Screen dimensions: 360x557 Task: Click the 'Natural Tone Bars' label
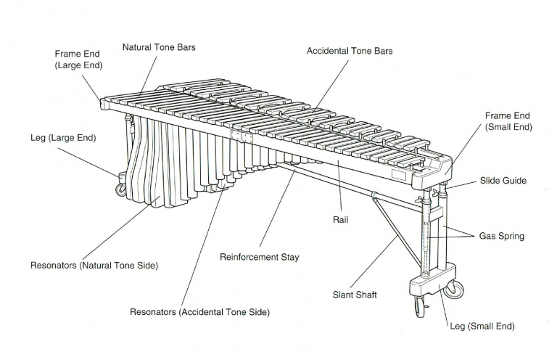(159, 47)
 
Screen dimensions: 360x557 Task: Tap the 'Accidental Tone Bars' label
(350, 51)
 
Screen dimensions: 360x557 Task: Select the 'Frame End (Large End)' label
(78, 60)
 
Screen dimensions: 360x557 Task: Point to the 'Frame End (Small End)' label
(508, 121)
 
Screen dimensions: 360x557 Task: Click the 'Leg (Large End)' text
(63, 137)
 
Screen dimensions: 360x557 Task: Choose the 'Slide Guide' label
(503, 180)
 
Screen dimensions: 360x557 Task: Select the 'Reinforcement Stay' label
(259, 257)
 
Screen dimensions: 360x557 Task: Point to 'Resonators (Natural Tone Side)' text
(94, 266)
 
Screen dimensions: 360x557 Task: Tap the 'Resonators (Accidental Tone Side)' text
(199, 312)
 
